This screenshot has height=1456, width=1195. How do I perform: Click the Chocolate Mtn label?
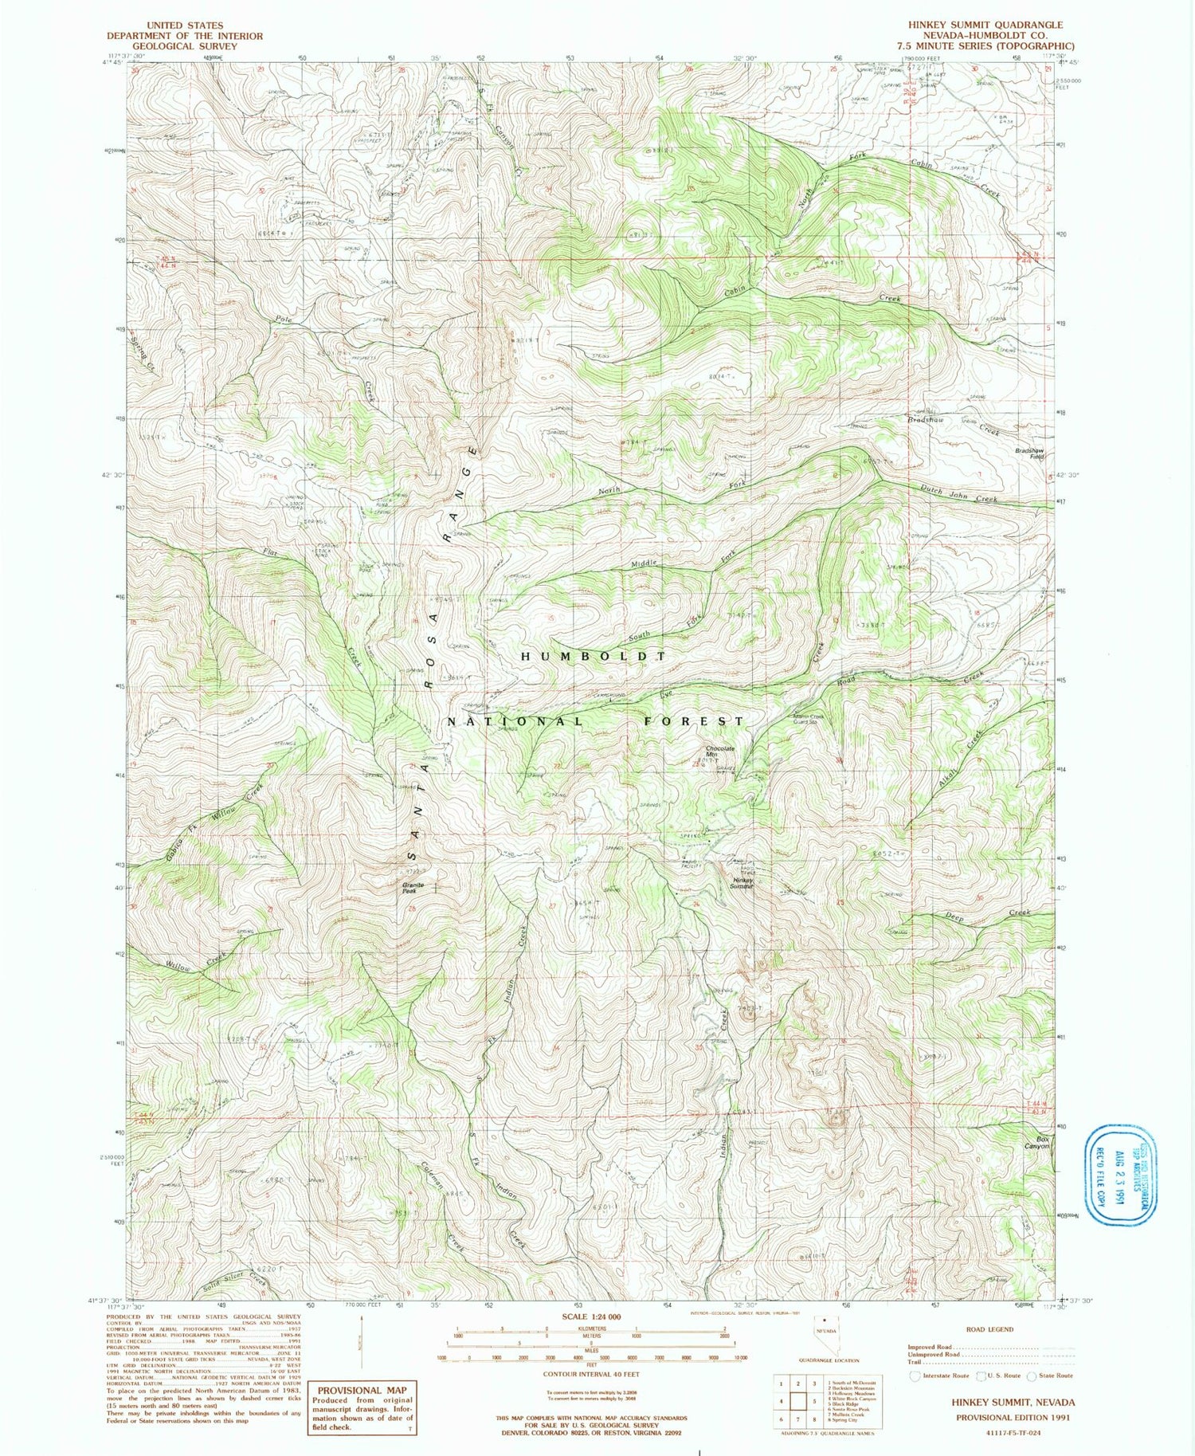coord(719,752)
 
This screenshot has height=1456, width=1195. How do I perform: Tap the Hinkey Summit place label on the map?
coord(742,883)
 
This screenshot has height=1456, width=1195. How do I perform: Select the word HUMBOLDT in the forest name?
coord(593,656)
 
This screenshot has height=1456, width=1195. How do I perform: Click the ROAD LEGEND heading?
coord(989,1329)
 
